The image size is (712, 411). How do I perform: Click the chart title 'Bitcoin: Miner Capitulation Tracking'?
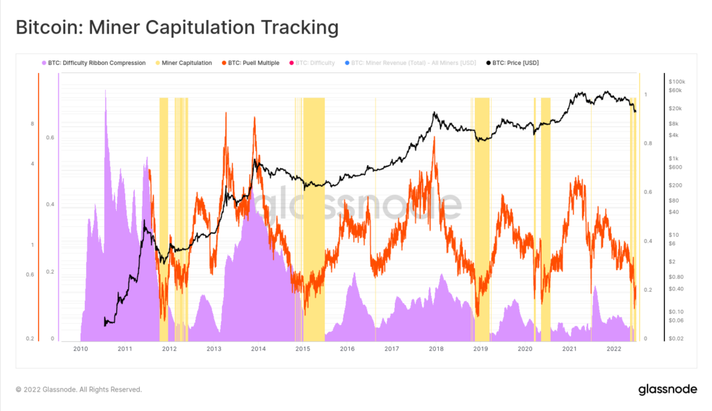tap(177, 28)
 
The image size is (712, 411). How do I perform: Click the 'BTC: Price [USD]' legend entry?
tap(515, 63)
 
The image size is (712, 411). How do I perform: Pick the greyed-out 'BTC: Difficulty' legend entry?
tap(314, 63)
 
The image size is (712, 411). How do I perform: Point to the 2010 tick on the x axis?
tap(81, 349)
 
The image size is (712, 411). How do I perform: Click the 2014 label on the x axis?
tap(258, 349)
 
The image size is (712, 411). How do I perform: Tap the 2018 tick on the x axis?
tap(436, 349)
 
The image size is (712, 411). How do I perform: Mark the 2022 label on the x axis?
tap(614, 349)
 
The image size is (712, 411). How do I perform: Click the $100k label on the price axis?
tap(677, 82)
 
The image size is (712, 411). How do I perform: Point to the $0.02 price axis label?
tap(677, 339)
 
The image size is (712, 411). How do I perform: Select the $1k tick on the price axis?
tap(674, 159)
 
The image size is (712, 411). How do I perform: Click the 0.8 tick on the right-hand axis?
tap(647, 144)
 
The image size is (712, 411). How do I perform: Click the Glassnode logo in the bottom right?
tap(667, 389)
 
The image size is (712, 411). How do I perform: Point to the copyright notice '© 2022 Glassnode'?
tap(79, 389)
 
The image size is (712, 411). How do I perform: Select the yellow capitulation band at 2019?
tap(481, 209)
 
